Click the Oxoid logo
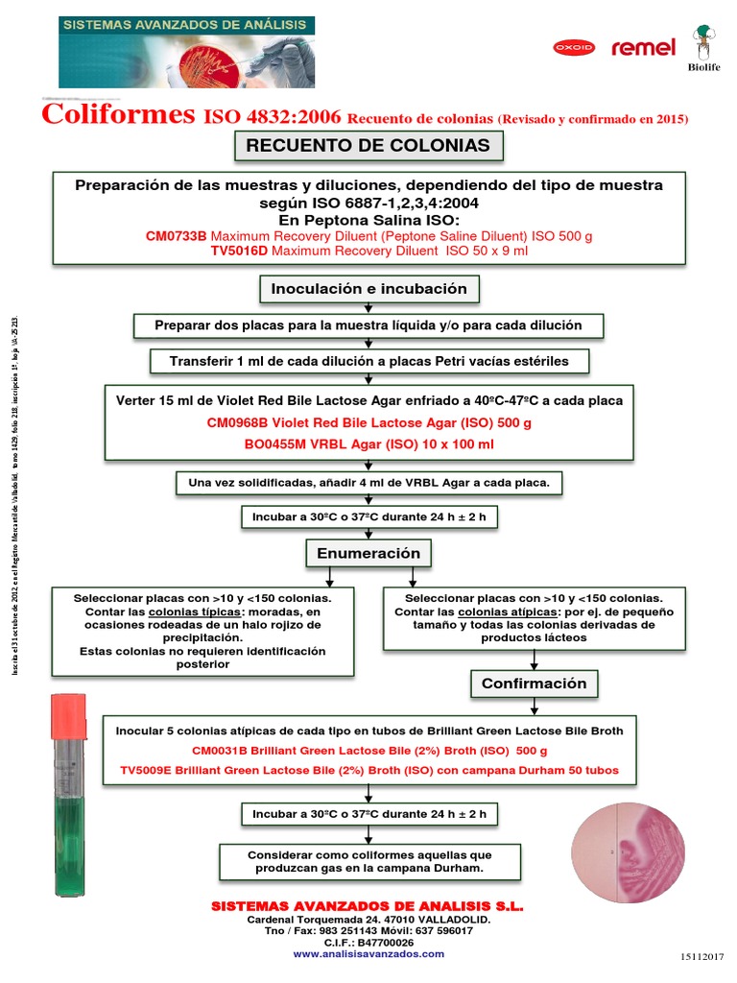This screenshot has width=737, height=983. pos(574,47)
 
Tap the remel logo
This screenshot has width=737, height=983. pos(643,47)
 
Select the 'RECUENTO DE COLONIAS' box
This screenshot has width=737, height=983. pos(368,146)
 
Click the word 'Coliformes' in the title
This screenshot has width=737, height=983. pos(118,116)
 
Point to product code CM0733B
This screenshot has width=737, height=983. pos(176,236)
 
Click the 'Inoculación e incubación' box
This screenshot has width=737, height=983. pos(368,288)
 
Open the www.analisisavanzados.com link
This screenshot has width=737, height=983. pos(368,953)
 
